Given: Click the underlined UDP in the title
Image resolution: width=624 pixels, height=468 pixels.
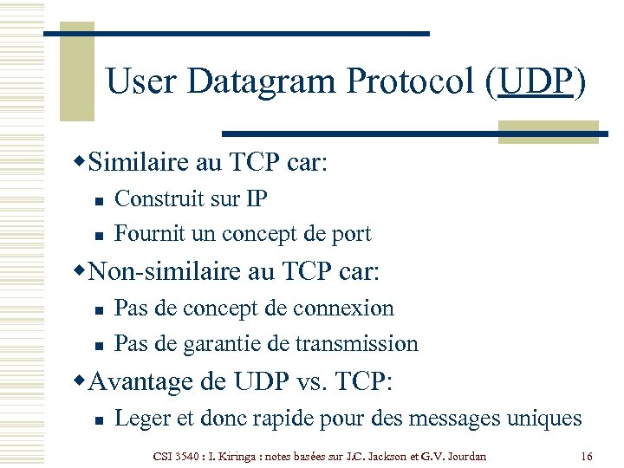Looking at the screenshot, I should tap(536, 81).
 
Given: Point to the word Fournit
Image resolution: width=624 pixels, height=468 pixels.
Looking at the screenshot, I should tap(146, 233).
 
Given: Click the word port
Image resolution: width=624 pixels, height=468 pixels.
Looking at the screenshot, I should tap(350, 234).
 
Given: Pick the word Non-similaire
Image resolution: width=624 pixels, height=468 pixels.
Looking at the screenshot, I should tap(166, 271).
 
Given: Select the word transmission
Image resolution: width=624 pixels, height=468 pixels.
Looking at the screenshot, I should tap(356, 343).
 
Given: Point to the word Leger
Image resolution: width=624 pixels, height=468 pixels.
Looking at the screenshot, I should tap(141, 419).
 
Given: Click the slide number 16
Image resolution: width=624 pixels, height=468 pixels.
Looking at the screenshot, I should tap(587, 456).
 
